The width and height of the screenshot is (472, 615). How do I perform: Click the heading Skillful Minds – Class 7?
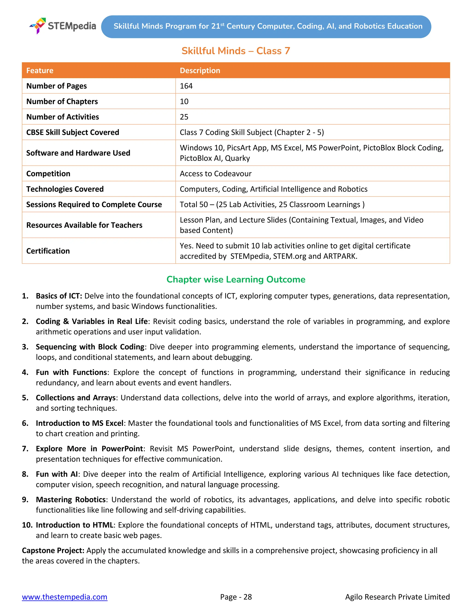(x=236, y=51)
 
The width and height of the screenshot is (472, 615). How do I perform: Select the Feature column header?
(x=40, y=71)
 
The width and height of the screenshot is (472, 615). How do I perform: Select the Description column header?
(x=200, y=71)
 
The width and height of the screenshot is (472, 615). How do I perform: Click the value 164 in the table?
(x=186, y=86)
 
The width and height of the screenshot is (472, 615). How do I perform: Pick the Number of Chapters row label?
(x=62, y=101)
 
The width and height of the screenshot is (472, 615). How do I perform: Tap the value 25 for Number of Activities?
(x=184, y=117)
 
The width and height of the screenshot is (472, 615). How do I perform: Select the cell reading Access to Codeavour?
(x=215, y=174)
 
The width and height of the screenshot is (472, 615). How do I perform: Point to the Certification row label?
(x=48, y=251)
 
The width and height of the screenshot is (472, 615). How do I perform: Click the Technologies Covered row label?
(x=65, y=189)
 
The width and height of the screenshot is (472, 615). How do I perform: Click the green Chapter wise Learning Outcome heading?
(x=236, y=279)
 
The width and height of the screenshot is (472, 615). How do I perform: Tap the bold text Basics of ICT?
(x=59, y=296)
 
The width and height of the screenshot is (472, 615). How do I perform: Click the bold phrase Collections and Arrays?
(x=76, y=398)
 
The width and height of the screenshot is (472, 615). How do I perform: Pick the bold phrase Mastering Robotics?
(x=71, y=500)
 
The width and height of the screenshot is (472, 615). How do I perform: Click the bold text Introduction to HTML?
(x=74, y=525)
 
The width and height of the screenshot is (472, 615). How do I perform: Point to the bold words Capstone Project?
(x=53, y=550)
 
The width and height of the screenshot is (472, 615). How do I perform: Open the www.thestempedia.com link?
(x=65, y=597)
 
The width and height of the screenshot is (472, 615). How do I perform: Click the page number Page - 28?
(x=236, y=597)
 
